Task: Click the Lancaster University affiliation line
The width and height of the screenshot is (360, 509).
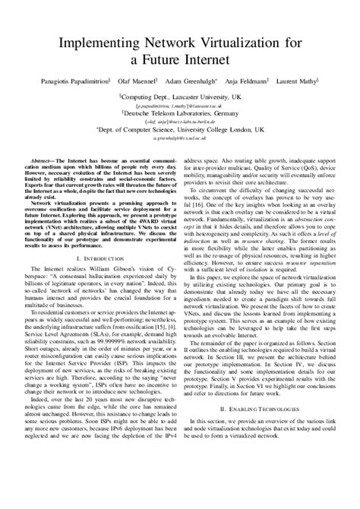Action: click(180, 97)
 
